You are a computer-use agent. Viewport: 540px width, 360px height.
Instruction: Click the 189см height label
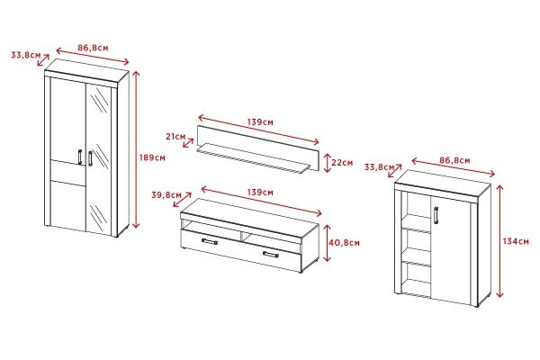(x=152, y=157)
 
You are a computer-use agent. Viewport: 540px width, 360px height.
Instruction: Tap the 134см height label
(x=516, y=241)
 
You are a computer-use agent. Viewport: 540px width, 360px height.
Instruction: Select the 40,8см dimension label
(x=344, y=243)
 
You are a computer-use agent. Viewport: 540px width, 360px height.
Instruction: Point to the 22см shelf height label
(x=342, y=162)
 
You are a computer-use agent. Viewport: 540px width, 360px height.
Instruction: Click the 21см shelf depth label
(x=175, y=137)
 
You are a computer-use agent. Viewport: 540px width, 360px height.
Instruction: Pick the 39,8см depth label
(x=166, y=195)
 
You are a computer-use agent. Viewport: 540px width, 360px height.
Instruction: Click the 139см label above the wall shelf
(x=260, y=122)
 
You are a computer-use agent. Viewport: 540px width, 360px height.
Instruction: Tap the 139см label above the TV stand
(x=260, y=193)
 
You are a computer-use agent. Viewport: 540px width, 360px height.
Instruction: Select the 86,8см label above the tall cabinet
(x=93, y=48)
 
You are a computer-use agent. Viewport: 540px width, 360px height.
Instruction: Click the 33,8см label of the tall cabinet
(x=26, y=55)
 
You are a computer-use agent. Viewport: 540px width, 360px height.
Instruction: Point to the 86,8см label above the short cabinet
(x=454, y=160)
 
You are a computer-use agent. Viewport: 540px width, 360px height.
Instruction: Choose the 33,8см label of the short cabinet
(x=380, y=167)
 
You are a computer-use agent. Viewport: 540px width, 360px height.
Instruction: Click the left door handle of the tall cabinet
(x=80, y=157)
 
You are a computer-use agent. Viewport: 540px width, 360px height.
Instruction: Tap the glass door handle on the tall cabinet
(x=90, y=158)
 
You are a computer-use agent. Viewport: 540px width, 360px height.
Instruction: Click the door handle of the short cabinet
(x=436, y=215)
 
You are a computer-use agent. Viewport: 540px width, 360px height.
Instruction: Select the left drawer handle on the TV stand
(x=210, y=241)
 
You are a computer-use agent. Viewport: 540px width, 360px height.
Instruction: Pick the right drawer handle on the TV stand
(x=271, y=255)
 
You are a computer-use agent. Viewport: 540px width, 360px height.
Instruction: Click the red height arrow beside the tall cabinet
(x=137, y=149)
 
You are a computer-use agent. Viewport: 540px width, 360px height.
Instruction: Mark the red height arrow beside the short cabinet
(x=499, y=241)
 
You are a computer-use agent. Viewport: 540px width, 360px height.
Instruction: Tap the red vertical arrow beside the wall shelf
(x=328, y=163)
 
